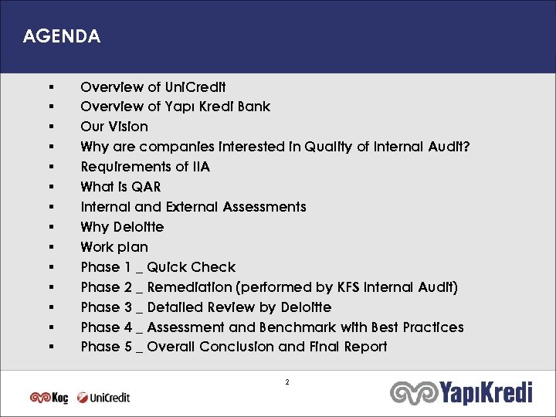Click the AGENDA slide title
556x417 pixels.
tap(62, 36)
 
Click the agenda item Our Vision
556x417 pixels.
tap(114, 127)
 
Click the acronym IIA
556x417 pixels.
tap(198, 167)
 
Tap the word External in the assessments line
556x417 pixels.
tap(190, 207)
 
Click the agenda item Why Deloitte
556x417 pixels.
tap(122, 227)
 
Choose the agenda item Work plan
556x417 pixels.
tap(114, 247)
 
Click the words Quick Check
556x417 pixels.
tap(191, 267)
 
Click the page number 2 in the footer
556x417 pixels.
tap(287, 382)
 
